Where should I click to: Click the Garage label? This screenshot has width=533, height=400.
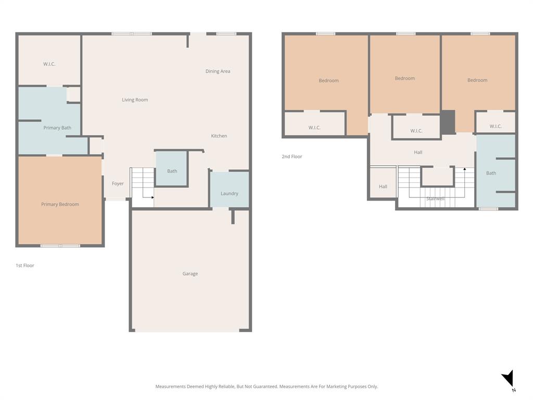pos(190,274)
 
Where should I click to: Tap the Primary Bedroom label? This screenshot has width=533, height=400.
pos(60,205)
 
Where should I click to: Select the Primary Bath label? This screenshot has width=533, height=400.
pos(57,128)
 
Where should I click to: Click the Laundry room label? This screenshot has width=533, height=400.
pos(229,194)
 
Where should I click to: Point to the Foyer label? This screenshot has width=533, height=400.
pos(118,184)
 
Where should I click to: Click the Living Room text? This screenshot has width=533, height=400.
pos(135,100)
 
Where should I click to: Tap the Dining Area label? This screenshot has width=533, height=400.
pos(218,71)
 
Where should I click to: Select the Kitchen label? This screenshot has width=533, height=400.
pos(219,136)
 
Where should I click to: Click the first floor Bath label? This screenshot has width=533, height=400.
pos(172,171)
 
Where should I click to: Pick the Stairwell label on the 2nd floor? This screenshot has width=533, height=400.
pos(435,199)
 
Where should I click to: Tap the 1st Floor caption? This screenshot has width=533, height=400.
pos(25,266)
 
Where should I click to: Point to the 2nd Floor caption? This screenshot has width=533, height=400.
pos(292,157)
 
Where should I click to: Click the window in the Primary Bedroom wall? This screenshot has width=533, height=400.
pos(60,245)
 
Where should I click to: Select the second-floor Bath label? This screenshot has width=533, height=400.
pos(491,173)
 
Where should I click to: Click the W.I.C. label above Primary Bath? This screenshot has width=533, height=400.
pos(49,64)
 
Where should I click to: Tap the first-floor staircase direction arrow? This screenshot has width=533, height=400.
pos(151,197)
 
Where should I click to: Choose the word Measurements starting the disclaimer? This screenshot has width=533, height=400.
pos(170,386)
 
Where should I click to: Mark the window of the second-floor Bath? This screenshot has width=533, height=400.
pos(488,209)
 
